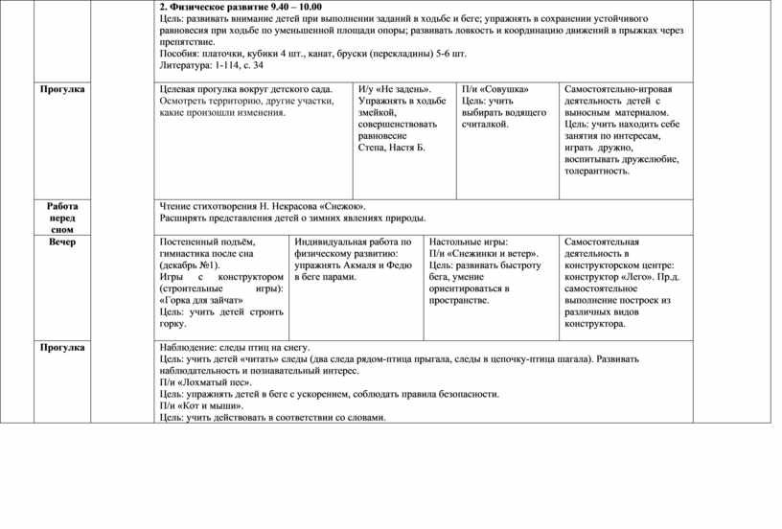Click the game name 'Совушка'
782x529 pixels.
click(505, 89)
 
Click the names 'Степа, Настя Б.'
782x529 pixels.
click(391, 148)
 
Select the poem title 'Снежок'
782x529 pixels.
click(342, 206)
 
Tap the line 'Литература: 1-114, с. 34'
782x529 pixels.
click(212, 66)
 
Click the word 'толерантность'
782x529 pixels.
click(595, 171)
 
